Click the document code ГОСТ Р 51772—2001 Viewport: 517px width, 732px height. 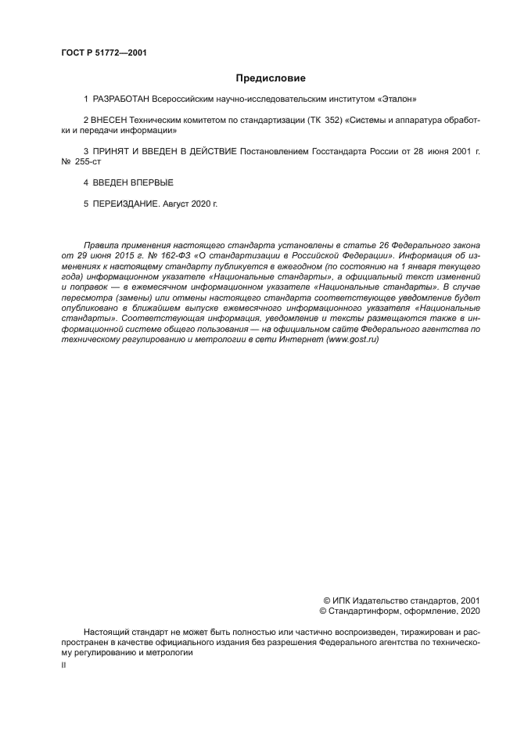coord(104,53)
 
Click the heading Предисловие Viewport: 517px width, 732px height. coord(271,78)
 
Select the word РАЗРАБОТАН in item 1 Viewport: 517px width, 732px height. coord(121,99)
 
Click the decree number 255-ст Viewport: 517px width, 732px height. coord(90,161)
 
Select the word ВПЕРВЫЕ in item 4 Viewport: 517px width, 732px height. coord(149,182)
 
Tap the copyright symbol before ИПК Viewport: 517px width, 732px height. coord(315,600)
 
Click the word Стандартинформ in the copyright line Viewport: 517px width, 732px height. coord(367,611)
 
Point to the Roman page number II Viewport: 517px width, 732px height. coord(63,665)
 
